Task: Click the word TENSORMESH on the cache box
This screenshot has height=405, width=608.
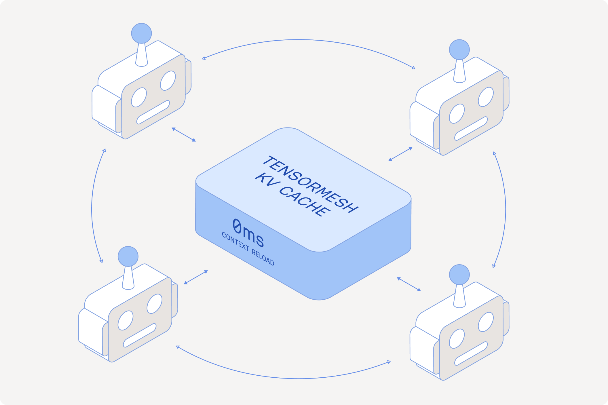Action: point(310,184)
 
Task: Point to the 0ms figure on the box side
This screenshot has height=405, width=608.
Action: point(248,233)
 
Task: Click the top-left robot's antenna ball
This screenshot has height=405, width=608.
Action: point(141,33)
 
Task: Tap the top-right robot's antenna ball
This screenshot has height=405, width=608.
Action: point(459,50)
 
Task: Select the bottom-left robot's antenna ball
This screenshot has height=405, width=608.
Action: point(128,256)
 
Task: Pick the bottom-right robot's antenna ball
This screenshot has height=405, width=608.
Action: point(459,274)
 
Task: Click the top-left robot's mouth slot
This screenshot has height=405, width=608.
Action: point(153,112)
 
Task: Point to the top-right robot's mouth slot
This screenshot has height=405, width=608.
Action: point(471,128)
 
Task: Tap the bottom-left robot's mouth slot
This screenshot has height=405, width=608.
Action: point(140,335)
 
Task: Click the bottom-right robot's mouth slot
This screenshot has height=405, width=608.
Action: point(471,353)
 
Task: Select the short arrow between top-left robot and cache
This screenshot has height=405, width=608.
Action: point(184,134)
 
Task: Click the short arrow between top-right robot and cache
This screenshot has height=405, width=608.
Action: point(400,154)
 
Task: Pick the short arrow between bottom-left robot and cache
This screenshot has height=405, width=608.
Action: point(196,277)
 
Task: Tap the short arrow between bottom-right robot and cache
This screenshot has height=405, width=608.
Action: point(409,284)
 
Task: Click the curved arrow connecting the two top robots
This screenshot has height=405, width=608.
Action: point(299,40)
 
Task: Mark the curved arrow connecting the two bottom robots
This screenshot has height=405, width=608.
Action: point(299,378)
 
